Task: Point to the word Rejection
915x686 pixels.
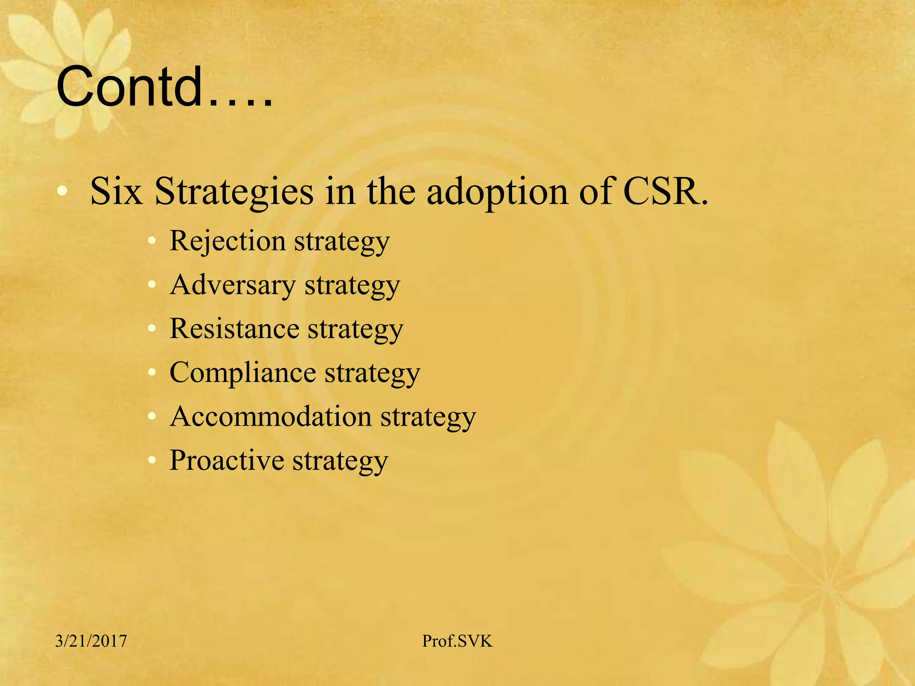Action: point(227,241)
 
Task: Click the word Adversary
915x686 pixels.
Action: point(233,285)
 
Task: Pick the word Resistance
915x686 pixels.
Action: point(234,329)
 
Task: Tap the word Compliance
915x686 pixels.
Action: point(243,372)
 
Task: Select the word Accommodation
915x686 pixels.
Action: point(270,416)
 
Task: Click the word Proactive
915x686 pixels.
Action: point(227,460)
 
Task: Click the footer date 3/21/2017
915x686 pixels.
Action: point(91,641)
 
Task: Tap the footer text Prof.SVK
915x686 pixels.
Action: point(457,641)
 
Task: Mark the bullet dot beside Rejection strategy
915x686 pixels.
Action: point(152,241)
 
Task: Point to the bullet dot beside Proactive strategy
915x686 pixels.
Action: point(152,460)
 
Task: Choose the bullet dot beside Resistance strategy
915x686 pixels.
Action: point(152,329)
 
